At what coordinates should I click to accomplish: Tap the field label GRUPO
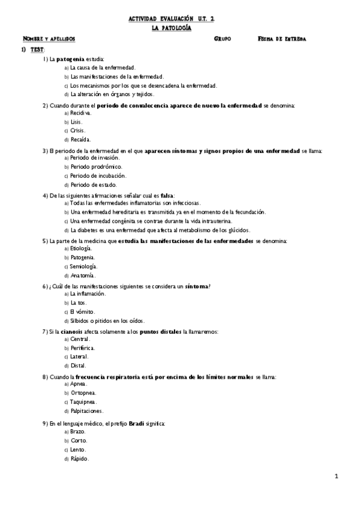pyautogui.click(x=222, y=38)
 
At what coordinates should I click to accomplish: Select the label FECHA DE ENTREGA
pyautogui.click(x=281, y=38)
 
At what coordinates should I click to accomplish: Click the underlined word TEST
pyautogui.click(x=37, y=49)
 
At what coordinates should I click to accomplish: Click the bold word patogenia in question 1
pyautogui.click(x=70, y=59)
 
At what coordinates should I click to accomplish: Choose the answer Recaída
pyautogui.click(x=80, y=139)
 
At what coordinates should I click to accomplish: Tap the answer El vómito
pyautogui.click(x=82, y=312)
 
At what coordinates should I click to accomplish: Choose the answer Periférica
pyautogui.click(x=82, y=348)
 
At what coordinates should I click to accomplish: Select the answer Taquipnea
pyautogui.click(x=83, y=402)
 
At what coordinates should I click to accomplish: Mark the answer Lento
pyautogui.click(x=78, y=449)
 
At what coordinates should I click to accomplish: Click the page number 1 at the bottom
pyautogui.click(x=337, y=477)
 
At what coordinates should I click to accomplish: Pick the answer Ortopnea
pyautogui.click(x=83, y=393)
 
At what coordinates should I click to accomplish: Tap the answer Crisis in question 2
pyautogui.click(x=77, y=130)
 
